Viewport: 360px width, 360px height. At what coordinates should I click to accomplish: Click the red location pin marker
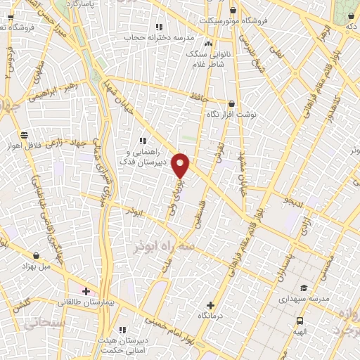(181, 165)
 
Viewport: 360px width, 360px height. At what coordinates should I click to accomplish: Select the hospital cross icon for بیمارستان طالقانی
(86, 291)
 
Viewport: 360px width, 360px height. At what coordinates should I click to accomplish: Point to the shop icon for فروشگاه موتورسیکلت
(233, 10)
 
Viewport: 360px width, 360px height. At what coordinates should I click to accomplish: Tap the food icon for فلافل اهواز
(24, 134)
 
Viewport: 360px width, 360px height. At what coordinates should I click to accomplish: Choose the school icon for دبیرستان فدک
(143, 141)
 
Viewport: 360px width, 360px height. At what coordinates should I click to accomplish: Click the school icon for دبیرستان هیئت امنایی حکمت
(122, 329)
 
